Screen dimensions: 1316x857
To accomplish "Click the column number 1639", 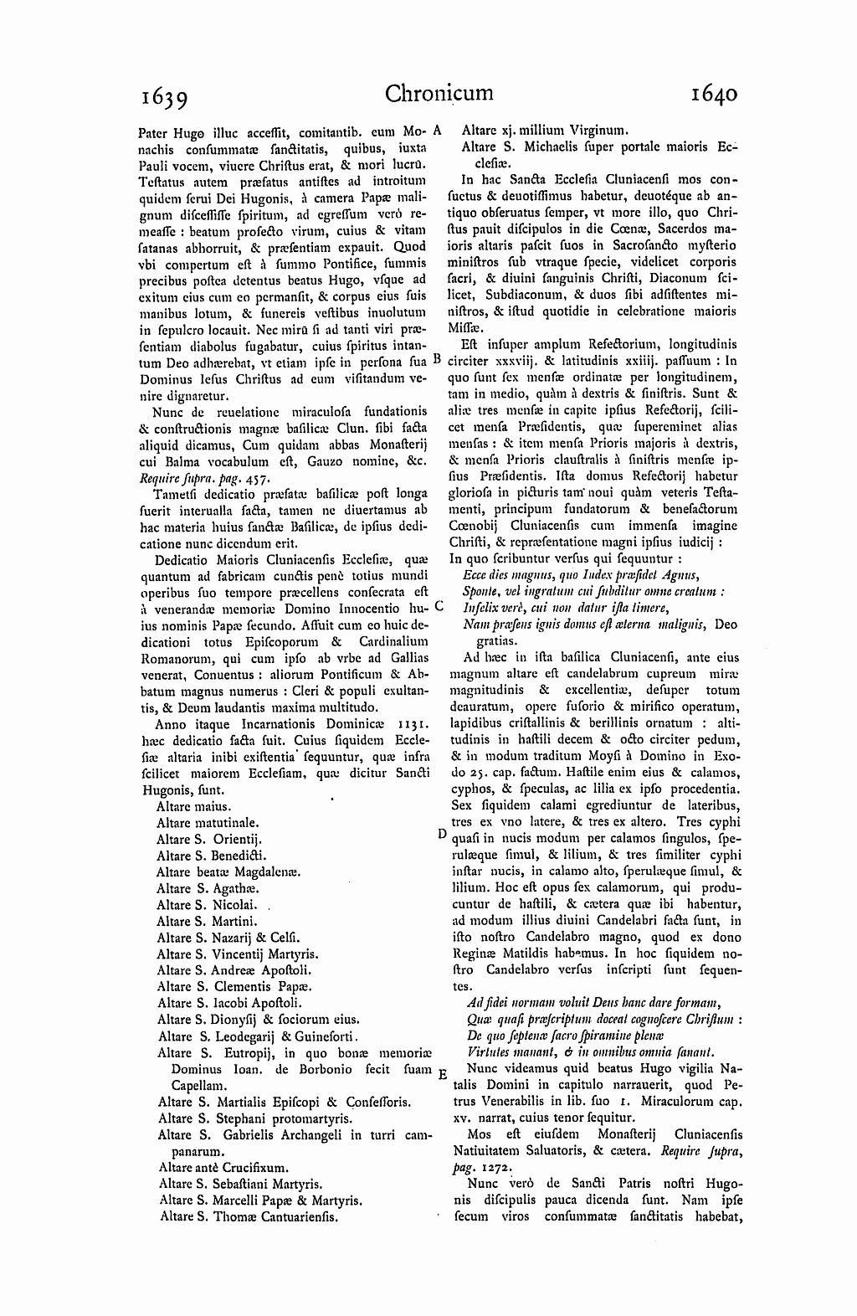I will point(164,97).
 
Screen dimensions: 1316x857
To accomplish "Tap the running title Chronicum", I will point(439,94).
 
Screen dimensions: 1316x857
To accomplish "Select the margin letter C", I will point(439,604).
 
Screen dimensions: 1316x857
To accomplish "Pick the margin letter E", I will point(441,1074).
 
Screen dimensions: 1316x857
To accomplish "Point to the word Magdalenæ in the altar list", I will point(264,871).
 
